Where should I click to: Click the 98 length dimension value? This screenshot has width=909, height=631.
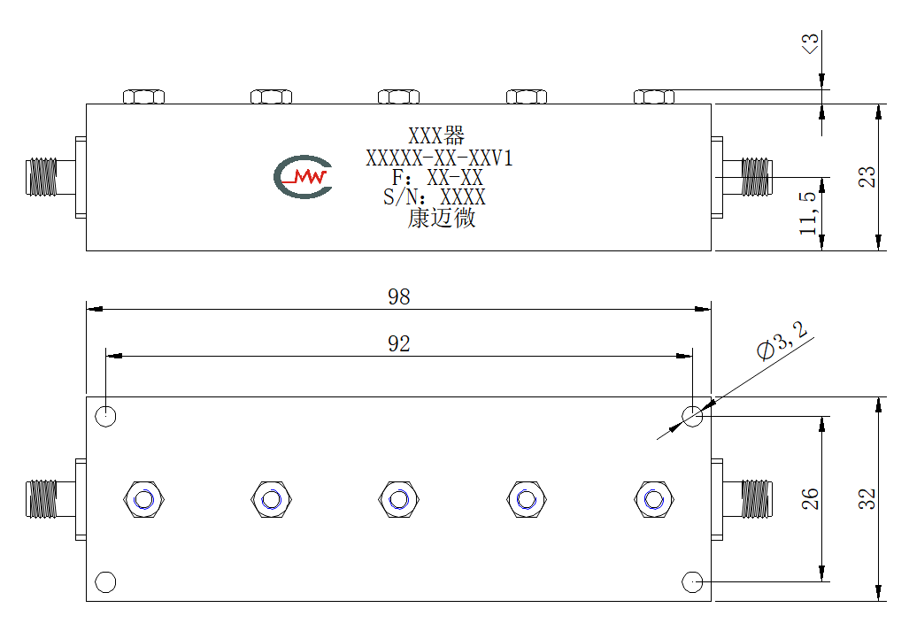coord(399,296)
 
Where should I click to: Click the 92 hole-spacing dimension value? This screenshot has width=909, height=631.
coord(399,343)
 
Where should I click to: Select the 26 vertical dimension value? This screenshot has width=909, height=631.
coord(810,499)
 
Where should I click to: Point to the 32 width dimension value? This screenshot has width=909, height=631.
coord(867,499)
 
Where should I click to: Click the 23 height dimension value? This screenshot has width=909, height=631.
coord(867,177)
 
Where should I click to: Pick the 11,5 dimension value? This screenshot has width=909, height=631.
coord(808,212)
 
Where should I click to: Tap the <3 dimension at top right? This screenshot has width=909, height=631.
coord(810,43)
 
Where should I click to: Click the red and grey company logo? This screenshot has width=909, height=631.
coord(303,177)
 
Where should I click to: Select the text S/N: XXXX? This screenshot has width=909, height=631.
coord(435,197)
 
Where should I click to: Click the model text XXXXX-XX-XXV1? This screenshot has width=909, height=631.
coord(439,158)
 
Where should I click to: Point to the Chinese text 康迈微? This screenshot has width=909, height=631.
coord(442,218)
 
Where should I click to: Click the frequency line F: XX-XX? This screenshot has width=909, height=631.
coord(437,177)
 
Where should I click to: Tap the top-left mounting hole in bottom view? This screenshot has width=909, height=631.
coord(105,415)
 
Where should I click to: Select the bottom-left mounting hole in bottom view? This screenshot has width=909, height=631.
coord(105,581)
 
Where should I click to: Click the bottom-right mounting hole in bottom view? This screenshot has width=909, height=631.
coord(693,581)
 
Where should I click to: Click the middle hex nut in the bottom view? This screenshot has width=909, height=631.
coord(399,499)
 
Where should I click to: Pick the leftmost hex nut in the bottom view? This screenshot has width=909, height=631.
coord(143,499)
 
